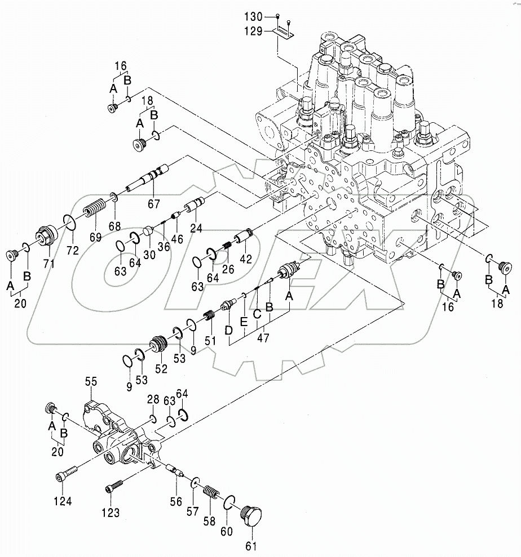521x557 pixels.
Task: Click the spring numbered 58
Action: pyautogui.click(x=211, y=491)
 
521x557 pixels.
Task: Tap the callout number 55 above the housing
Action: pyautogui.click(x=91, y=382)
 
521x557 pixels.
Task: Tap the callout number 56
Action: pyautogui.click(x=176, y=500)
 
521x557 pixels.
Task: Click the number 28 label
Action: pyautogui.click(x=153, y=399)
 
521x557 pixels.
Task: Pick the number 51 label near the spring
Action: pyautogui.click(x=210, y=341)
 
